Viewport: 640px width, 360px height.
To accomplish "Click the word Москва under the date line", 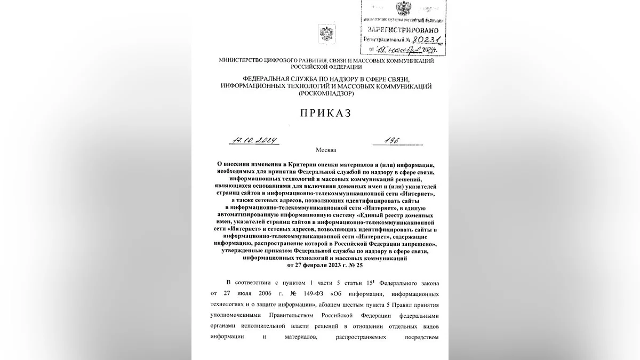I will (x=326, y=150).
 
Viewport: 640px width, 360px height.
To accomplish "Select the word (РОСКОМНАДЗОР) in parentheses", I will (x=326, y=93).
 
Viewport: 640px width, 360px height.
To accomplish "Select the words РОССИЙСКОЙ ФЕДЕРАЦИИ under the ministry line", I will (x=326, y=67).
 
